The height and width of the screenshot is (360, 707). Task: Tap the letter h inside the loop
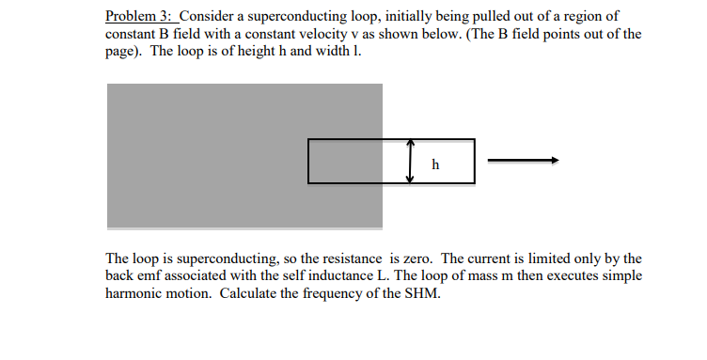[x=434, y=164]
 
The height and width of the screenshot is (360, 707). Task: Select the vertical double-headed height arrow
[x=411, y=161]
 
